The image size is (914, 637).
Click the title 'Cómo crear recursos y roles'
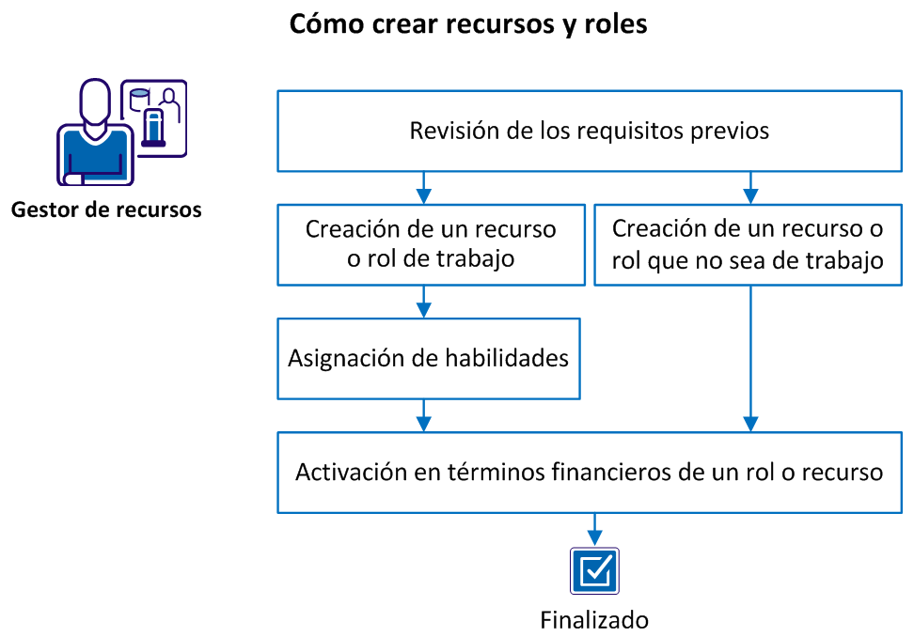tap(467, 23)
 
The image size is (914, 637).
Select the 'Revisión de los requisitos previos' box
tap(589, 132)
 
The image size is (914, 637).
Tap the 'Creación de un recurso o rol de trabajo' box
tap(430, 244)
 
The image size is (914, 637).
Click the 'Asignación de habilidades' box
tap(428, 358)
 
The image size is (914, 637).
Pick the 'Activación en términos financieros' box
tap(589, 472)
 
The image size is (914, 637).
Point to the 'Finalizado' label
tap(594, 620)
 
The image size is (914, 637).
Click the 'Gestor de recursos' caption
tap(106, 210)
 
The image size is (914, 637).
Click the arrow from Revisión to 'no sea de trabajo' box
tap(749, 189)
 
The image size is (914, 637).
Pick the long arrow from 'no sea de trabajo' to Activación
tap(749, 357)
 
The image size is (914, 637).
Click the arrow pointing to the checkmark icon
tap(594, 529)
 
